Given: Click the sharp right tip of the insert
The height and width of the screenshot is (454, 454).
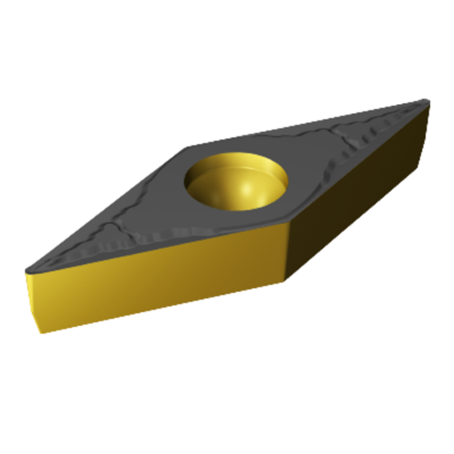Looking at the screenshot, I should coord(428,102).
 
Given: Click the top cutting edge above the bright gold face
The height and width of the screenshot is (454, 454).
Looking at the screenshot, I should coord(157,248).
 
